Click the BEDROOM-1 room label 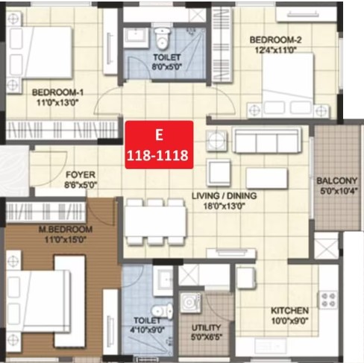[x=57, y=92]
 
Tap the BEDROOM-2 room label [x=275, y=40]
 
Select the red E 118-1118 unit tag [x=159, y=145]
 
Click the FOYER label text [x=81, y=174]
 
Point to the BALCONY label [x=336, y=180]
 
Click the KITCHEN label [x=289, y=311]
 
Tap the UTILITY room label [x=206, y=328]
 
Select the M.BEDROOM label [x=66, y=229]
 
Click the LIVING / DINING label [x=225, y=196]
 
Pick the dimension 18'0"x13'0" [x=225, y=206]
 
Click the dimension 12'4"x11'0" [x=276, y=50]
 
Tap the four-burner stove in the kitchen [x=328, y=300]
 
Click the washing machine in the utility [x=190, y=303]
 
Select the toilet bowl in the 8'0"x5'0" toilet [x=162, y=38]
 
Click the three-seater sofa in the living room [x=267, y=139]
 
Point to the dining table [x=155, y=221]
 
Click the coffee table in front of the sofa [x=267, y=178]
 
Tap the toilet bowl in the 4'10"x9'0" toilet [x=162, y=311]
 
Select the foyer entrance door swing [x=51, y=168]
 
